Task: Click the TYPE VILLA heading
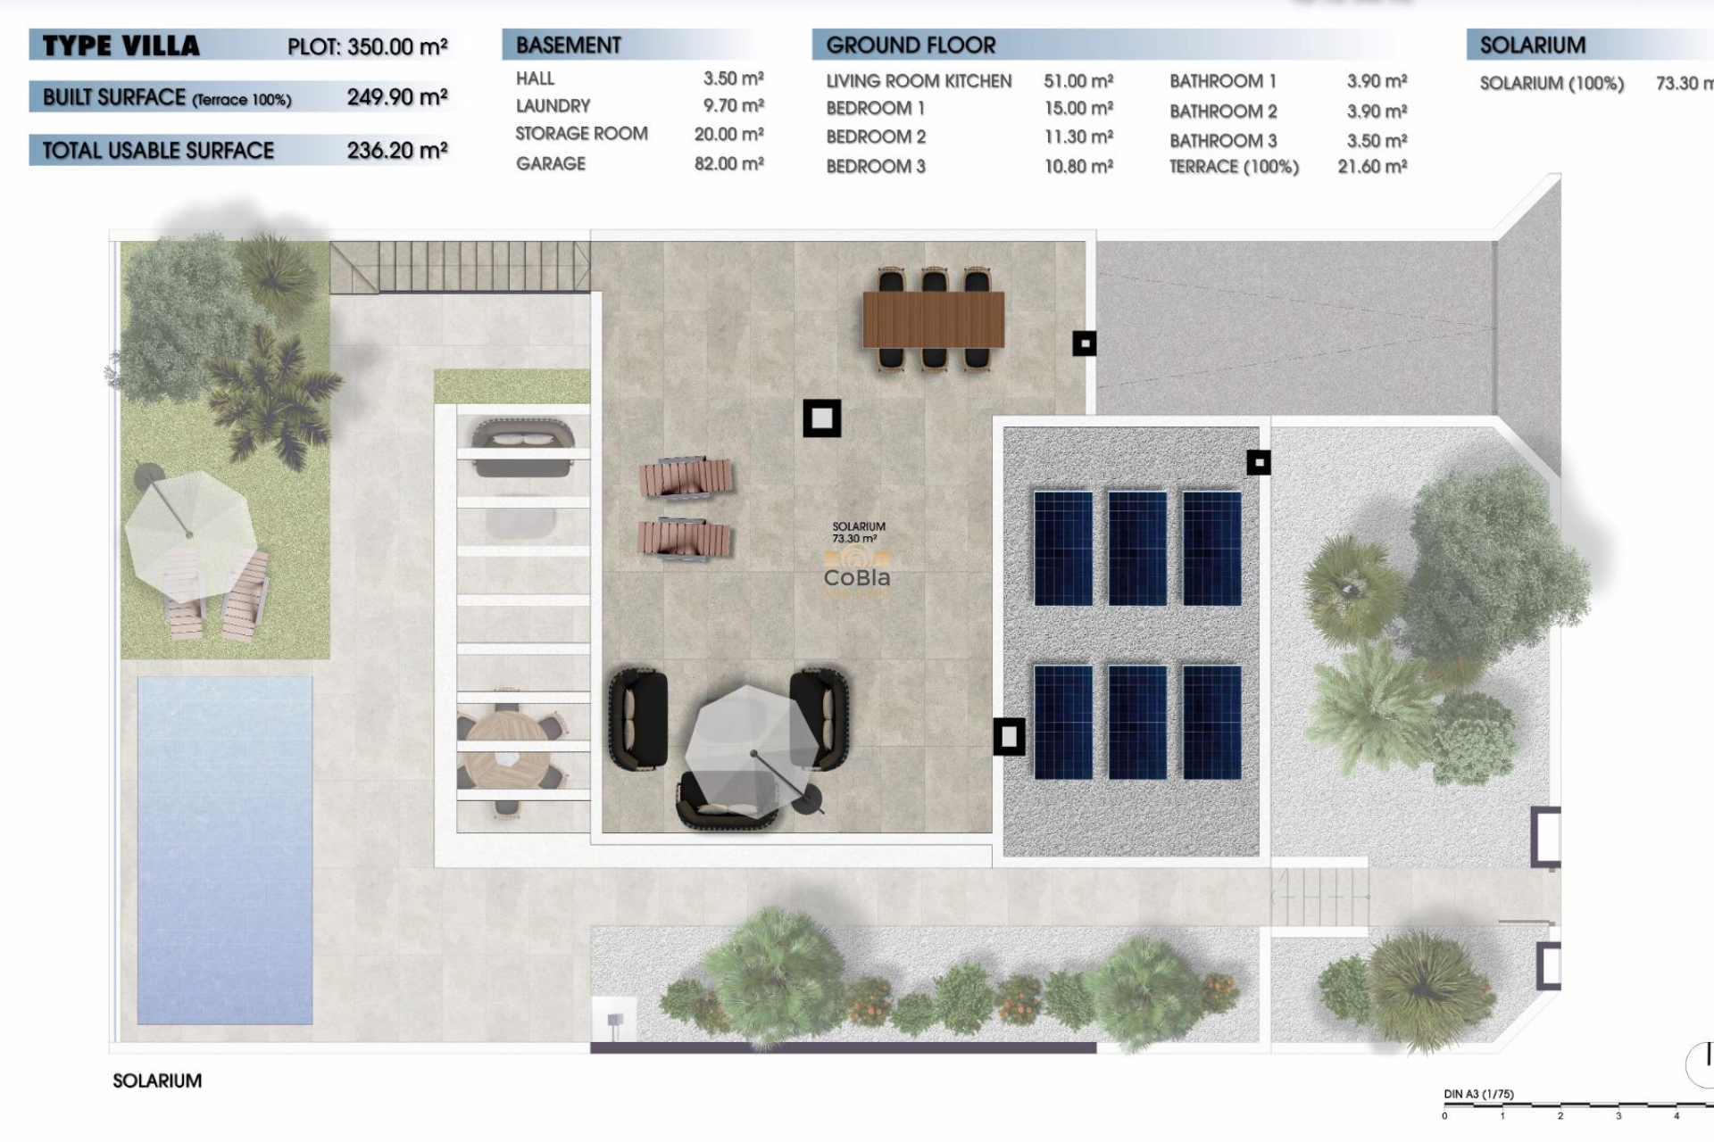coord(121,46)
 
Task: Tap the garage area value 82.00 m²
coord(728,164)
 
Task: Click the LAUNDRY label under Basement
coord(553,106)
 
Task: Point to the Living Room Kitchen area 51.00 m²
coord(1078,81)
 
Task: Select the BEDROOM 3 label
coord(875,167)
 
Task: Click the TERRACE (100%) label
coord(1234,167)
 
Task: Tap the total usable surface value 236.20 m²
coord(396,151)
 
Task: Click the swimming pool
coord(224,848)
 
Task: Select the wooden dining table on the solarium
coord(933,319)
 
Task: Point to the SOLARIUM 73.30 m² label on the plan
coord(858,533)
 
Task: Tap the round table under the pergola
coord(505,754)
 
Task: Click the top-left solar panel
coord(1063,549)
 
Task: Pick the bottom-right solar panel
coord(1211,721)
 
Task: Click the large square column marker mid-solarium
coord(821,418)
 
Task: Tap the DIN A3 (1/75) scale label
coord(1478,1094)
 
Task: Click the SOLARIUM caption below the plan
coord(157,1080)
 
